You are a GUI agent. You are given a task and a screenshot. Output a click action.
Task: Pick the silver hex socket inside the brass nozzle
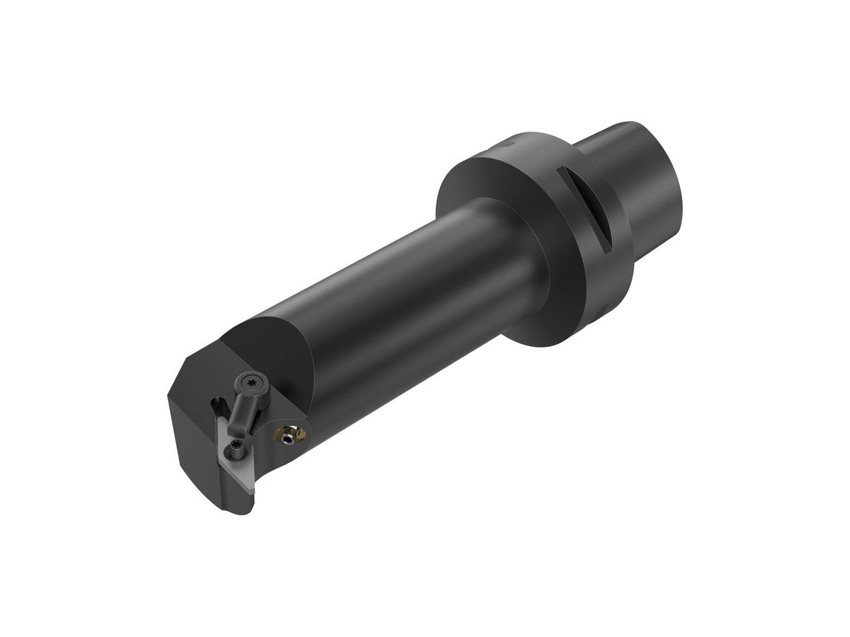(287, 440)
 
